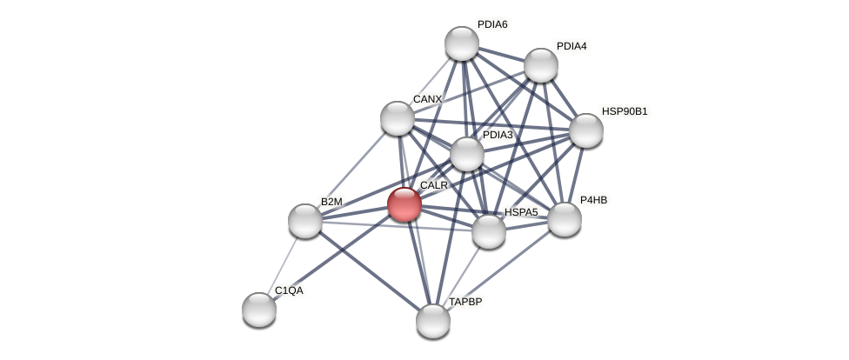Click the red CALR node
(404, 204)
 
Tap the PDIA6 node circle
(462, 43)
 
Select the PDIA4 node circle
(541, 65)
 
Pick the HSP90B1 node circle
(586, 130)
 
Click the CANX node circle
(398, 118)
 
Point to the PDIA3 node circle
(467, 154)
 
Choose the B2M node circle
(305, 221)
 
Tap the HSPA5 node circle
(489, 231)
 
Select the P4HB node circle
(565, 219)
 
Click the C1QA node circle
(259, 310)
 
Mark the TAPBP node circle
(433, 321)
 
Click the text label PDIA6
(492, 24)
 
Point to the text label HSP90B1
(625, 111)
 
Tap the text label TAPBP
(465, 302)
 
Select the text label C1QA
(290, 290)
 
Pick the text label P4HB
(593, 200)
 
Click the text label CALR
(434, 185)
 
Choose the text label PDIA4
(572, 46)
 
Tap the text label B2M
(331, 202)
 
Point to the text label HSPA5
(521, 212)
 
